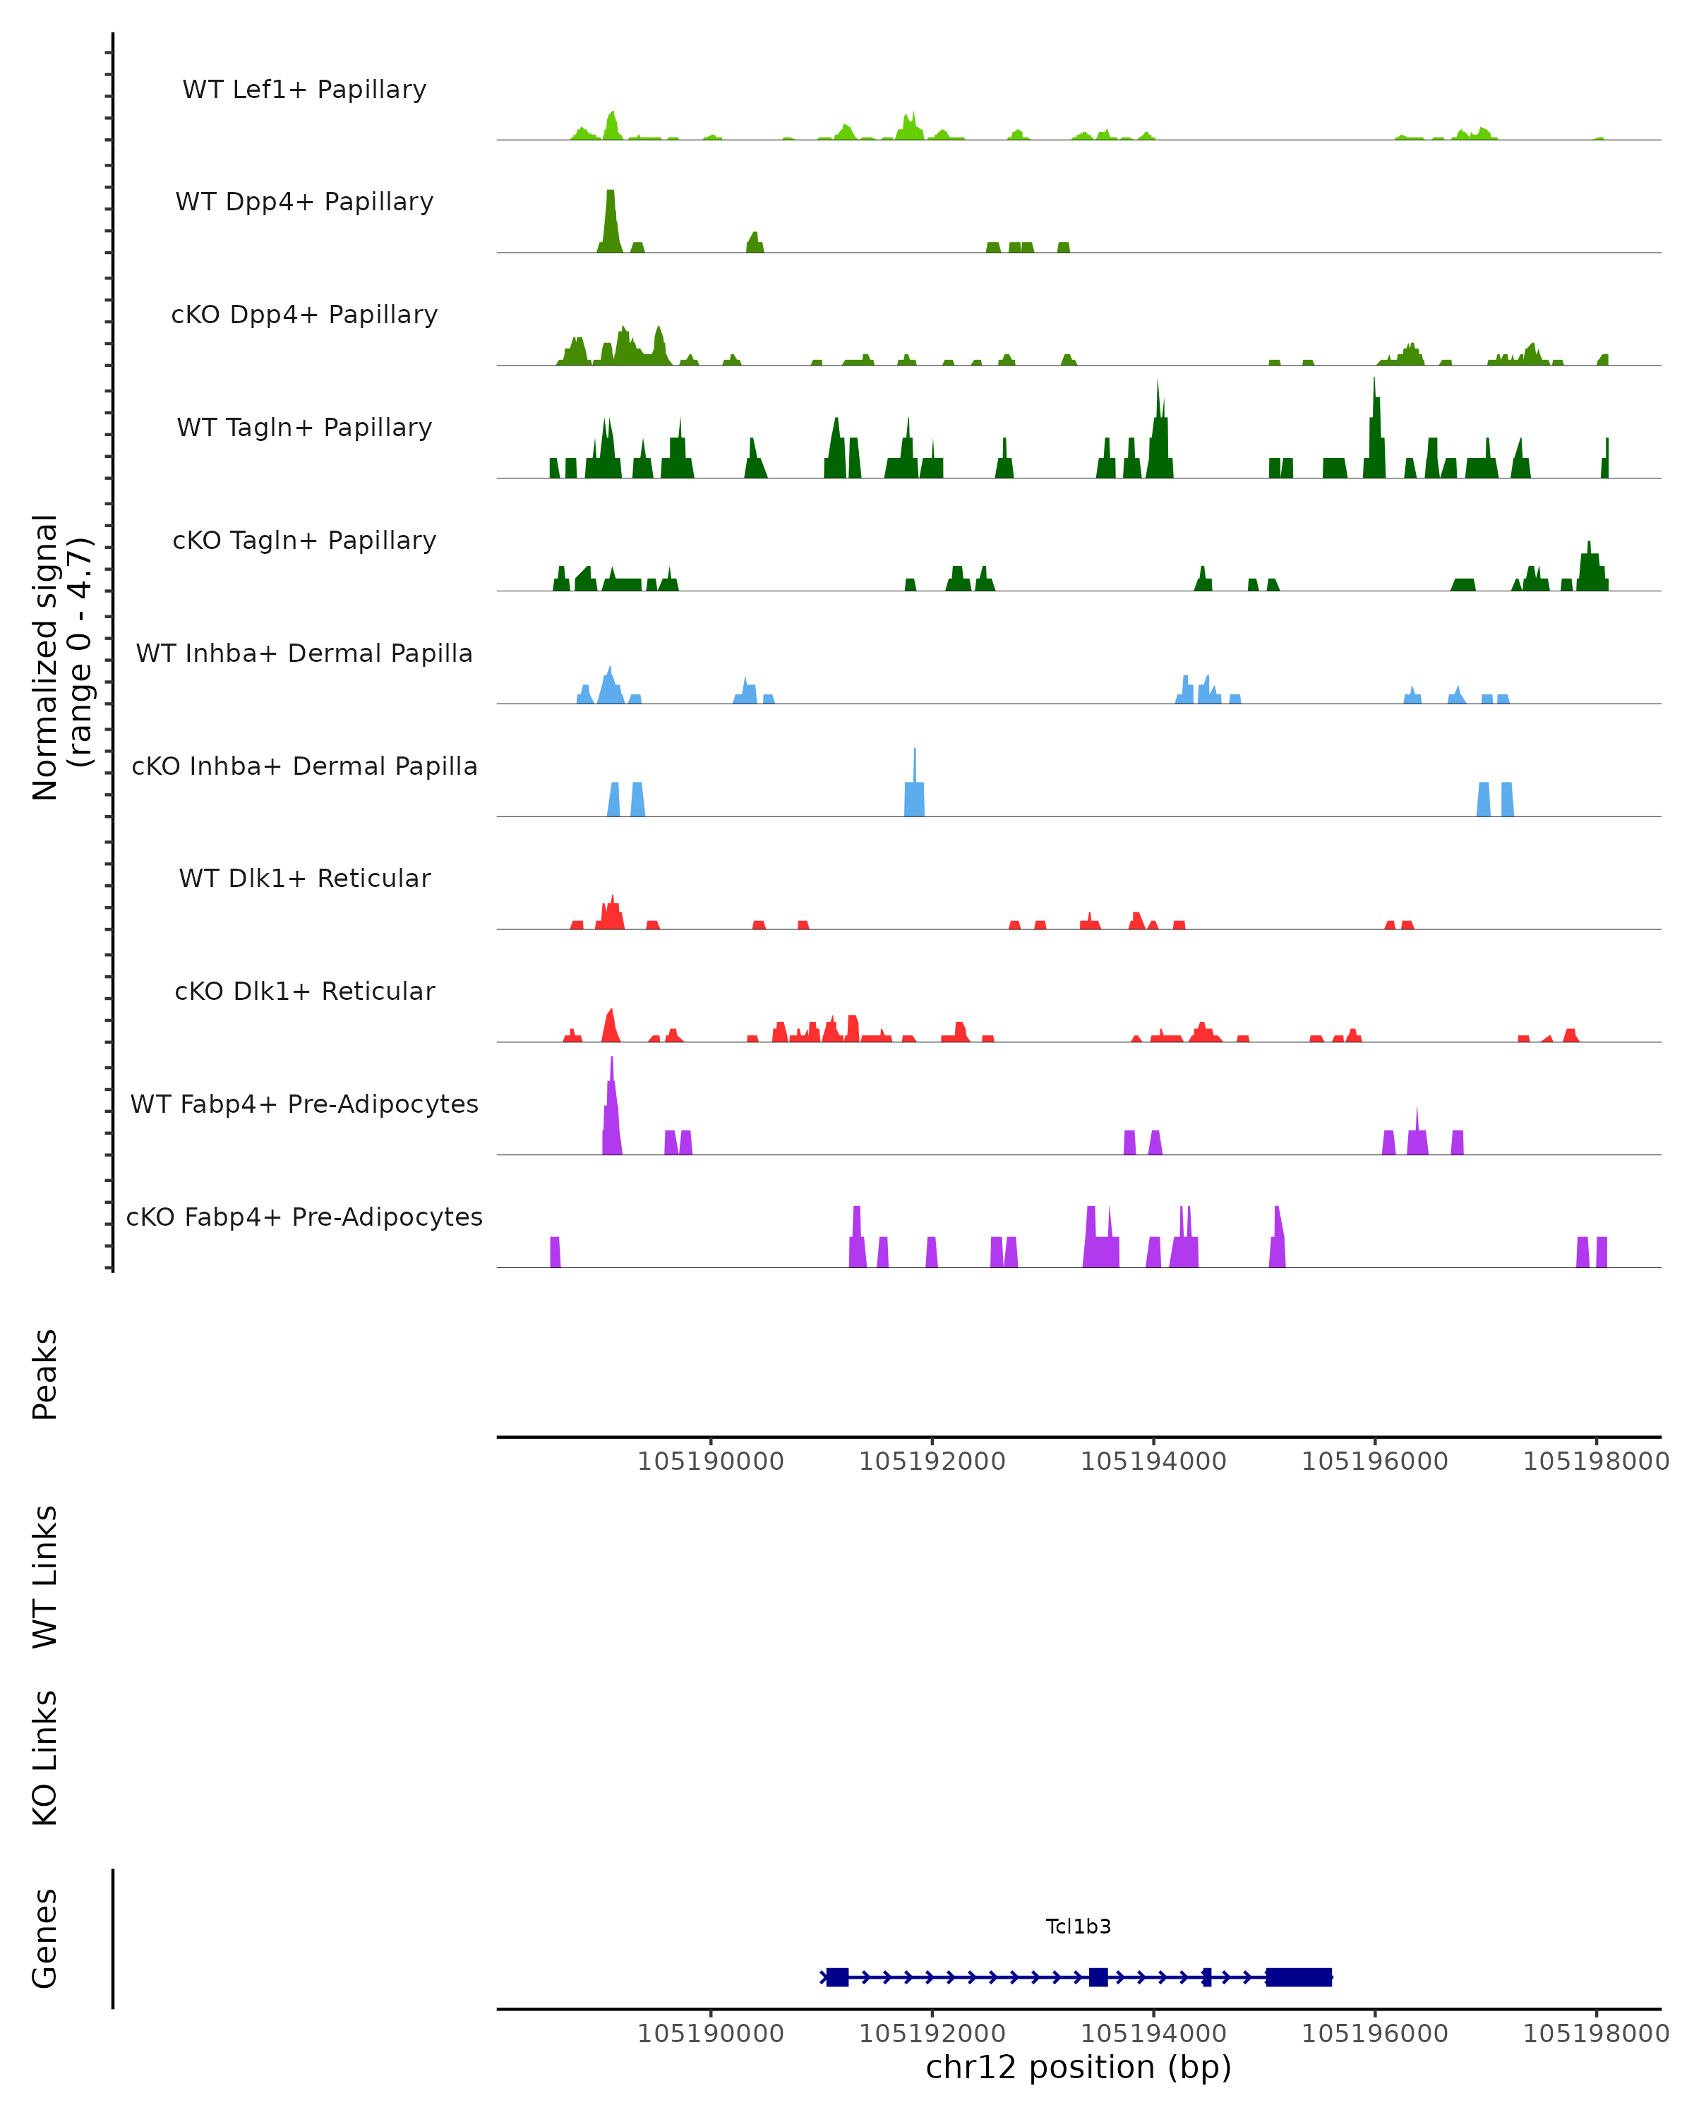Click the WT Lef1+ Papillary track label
(304, 90)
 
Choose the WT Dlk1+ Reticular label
(304, 878)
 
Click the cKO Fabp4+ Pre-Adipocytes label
(304, 1217)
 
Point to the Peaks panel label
(45, 1374)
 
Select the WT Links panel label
(45, 1576)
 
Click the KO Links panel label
(45, 1758)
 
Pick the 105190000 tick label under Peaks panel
(710, 1461)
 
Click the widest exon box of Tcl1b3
(1298, 1977)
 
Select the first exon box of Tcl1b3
(836, 1977)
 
